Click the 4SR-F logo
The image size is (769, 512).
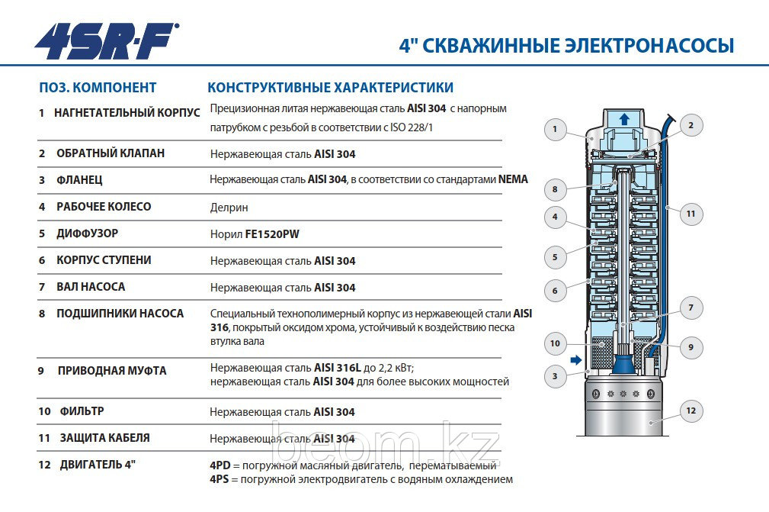[107, 41]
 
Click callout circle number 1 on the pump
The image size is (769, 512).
[555, 130]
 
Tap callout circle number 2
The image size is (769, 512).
[690, 125]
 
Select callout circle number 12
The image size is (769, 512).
[690, 411]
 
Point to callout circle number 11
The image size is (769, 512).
[690, 214]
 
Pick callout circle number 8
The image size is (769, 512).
[555, 188]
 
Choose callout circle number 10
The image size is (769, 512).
[555, 344]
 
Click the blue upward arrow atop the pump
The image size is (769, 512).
[624, 119]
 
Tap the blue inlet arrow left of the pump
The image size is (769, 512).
[576, 359]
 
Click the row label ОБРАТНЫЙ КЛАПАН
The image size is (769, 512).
[111, 153]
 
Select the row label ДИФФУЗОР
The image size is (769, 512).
[87, 233]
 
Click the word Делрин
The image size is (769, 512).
[229, 208]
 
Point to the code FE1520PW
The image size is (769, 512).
[272, 234]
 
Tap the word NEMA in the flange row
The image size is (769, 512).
[513, 180]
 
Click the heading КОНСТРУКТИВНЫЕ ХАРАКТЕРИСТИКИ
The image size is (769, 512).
[330, 88]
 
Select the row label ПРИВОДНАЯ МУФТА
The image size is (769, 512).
[112, 371]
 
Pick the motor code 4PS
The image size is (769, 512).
[220, 479]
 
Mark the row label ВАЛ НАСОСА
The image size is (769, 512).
[91, 287]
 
